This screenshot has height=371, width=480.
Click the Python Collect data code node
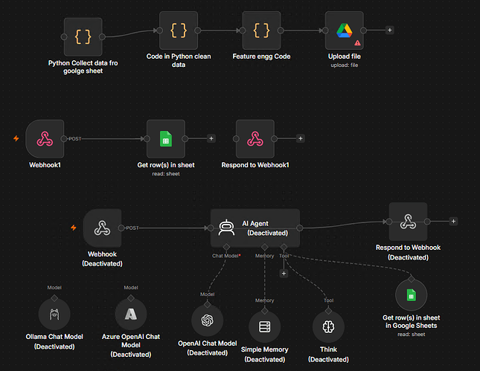point(83,36)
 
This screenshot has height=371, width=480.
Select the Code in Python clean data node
point(179,30)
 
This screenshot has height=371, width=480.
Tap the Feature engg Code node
point(261,30)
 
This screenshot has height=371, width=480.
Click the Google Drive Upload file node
point(345,30)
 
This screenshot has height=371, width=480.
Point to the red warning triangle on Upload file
point(357,43)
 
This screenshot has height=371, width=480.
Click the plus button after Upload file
point(390,30)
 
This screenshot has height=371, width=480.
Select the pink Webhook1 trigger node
point(45,139)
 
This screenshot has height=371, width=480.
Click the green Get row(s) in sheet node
point(166,139)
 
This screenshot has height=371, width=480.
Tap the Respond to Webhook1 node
point(255,139)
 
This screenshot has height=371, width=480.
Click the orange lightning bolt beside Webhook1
point(16,138)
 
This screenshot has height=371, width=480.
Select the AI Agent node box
point(255,228)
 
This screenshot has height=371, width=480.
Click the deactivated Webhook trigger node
point(102,228)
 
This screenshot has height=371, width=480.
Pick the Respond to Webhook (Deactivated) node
point(408,222)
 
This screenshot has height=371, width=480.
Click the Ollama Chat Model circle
point(54,314)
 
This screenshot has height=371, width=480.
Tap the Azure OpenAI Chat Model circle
point(131,314)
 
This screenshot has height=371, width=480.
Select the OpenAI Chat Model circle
point(207,320)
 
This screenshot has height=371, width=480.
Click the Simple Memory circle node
point(264,326)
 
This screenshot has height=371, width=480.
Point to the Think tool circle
point(328,326)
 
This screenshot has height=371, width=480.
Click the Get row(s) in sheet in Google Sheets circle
point(411,295)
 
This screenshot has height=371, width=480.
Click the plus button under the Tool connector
point(284,274)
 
